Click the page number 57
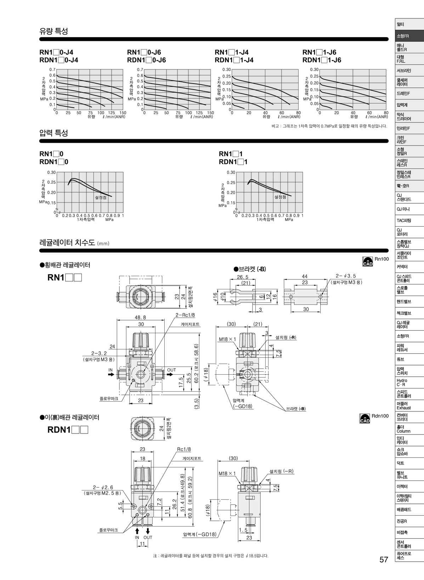[x=384, y=559]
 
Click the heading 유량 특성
[x=53, y=31]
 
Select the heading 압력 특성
[x=53, y=133]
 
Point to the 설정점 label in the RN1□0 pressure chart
[x=101, y=197]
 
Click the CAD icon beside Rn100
[x=367, y=261]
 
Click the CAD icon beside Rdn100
[x=364, y=418]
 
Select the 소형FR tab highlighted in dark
[x=403, y=36]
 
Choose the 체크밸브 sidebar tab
[x=404, y=313]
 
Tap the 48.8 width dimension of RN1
[x=140, y=317]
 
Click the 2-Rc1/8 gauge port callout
[x=185, y=315]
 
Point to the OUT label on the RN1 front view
[x=171, y=370]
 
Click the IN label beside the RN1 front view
[x=111, y=370]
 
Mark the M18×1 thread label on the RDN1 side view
[x=227, y=473]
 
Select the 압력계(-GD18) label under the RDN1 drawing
[x=200, y=534]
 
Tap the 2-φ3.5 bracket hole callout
[x=345, y=276]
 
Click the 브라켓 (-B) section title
[x=250, y=269]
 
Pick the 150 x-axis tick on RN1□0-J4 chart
[x=123, y=113]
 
